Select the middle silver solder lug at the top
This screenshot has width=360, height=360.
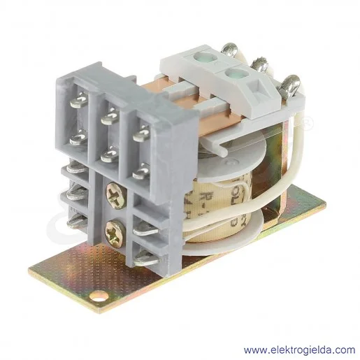point(260,67)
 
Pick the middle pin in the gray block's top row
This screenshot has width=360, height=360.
point(110,117)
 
